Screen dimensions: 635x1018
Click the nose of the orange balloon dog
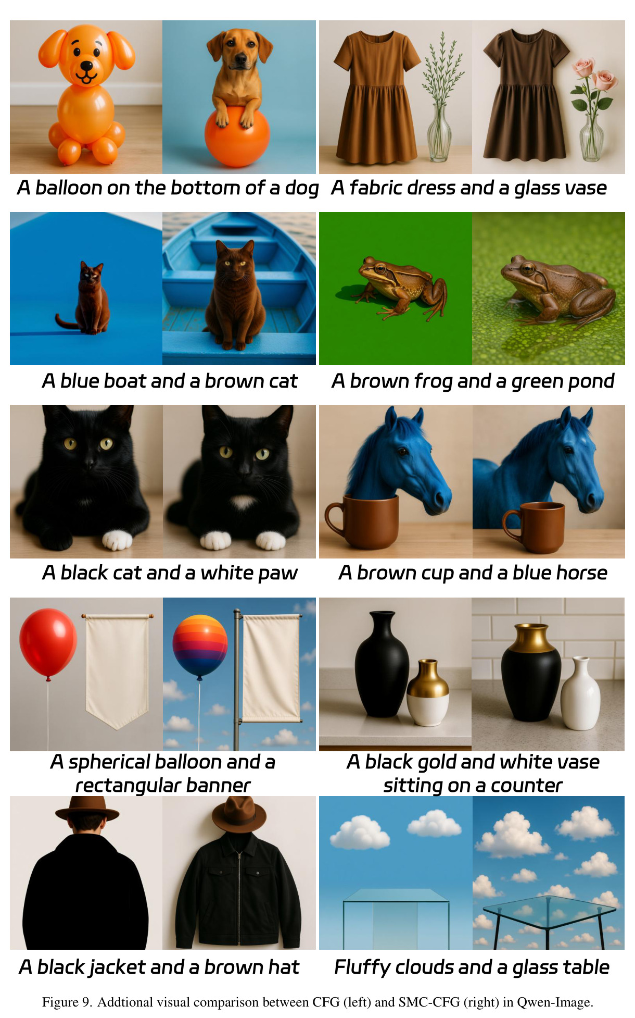pyautogui.click(x=86, y=65)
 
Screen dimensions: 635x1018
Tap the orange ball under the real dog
pyautogui.click(x=237, y=136)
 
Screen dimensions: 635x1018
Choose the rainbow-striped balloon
pyautogui.click(x=200, y=645)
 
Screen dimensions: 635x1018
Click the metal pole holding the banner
pyautogui.click(x=237, y=679)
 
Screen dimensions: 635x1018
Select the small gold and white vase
pyautogui.click(x=428, y=692)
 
